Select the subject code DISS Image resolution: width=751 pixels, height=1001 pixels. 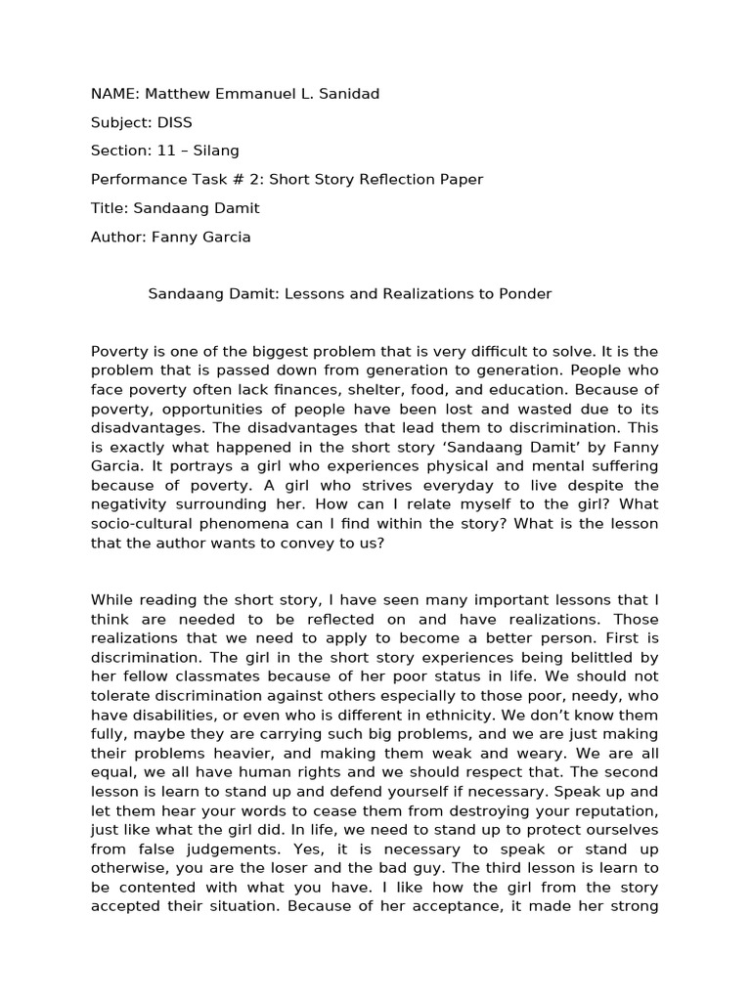coord(172,122)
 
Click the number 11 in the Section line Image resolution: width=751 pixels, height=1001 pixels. coord(160,151)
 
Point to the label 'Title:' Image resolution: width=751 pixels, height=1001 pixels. coord(109,207)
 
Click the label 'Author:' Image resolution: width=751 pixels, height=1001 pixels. coord(117,236)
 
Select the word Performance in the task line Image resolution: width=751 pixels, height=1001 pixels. coord(135,179)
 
